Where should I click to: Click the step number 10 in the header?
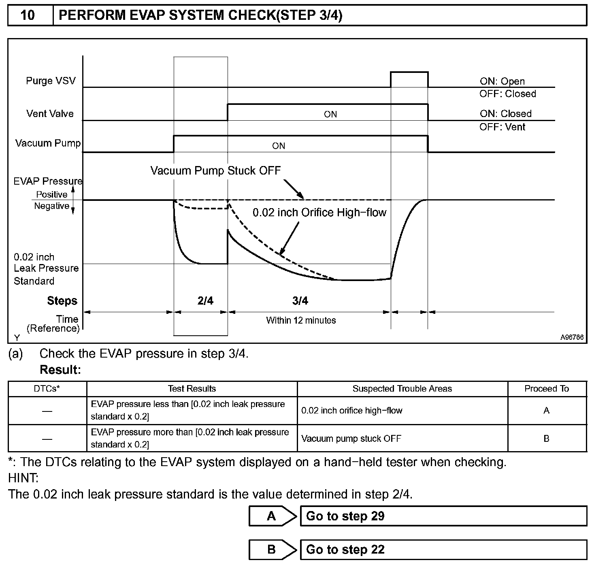click(28, 15)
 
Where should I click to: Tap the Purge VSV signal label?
click(51, 81)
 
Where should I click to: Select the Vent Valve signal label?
click(50, 113)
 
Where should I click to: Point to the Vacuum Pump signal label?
click(48, 143)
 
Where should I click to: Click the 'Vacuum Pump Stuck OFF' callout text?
click(215, 170)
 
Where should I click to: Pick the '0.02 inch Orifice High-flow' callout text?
click(319, 213)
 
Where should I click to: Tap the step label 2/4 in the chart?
click(205, 300)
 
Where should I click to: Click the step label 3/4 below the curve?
click(300, 300)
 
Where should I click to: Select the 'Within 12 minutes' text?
click(301, 320)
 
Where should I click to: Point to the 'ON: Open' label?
click(502, 81)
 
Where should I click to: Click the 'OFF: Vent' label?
click(502, 127)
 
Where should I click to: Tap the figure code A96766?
click(572, 337)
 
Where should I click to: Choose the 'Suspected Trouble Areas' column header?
click(402, 389)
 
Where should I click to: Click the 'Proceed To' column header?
click(547, 389)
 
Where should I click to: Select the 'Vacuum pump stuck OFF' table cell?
click(351, 439)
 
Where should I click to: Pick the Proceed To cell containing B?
click(546, 439)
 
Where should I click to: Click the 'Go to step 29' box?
click(443, 516)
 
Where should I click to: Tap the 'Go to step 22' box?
click(443, 550)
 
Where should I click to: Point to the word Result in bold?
click(60, 370)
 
